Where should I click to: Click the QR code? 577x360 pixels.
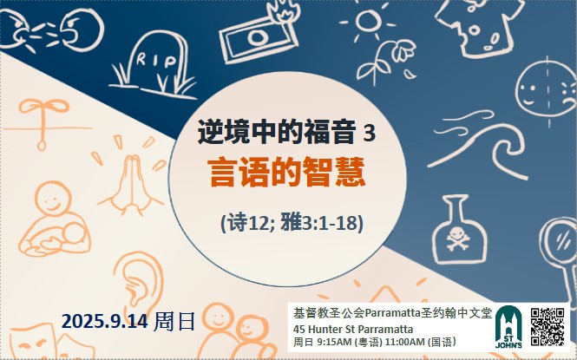[547, 326]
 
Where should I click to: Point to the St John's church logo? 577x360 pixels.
[508, 327]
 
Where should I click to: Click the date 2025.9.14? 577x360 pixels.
[104, 321]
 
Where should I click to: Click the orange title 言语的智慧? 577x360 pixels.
[286, 172]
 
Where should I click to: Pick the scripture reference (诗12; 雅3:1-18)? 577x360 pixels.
[292, 222]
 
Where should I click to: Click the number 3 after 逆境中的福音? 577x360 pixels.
[369, 133]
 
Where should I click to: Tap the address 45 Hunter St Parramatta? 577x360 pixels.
[353, 329]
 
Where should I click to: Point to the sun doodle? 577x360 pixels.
[368, 22]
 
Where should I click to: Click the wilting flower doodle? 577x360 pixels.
[386, 61]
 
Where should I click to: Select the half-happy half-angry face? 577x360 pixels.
[547, 90]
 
